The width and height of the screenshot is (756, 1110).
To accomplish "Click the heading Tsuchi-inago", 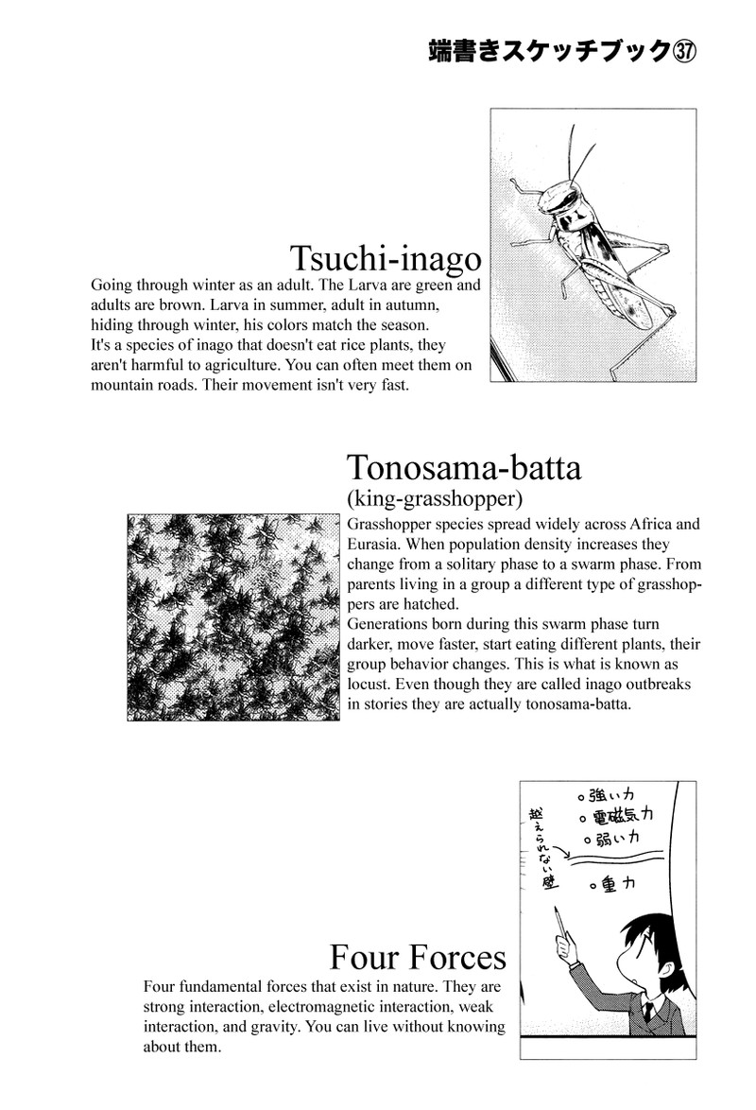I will (x=386, y=258).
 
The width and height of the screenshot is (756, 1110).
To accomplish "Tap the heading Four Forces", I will (x=418, y=958).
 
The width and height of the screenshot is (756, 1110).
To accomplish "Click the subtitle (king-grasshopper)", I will (x=436, y=498).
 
